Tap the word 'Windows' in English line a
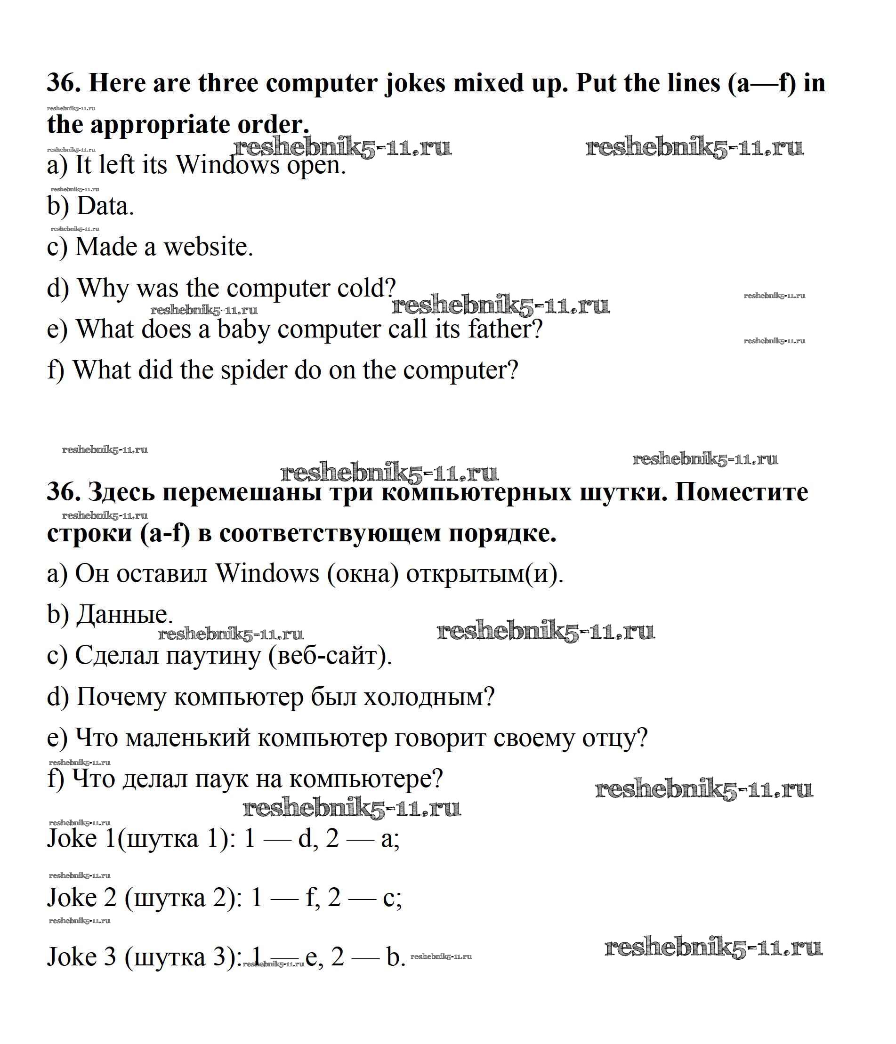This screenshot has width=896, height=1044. [227, 165]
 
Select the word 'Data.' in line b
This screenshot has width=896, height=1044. [105, 206]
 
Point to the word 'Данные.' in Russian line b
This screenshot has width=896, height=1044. [124, 614]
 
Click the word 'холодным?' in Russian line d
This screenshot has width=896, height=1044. [429, 697]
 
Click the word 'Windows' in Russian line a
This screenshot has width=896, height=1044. [267, 573]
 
